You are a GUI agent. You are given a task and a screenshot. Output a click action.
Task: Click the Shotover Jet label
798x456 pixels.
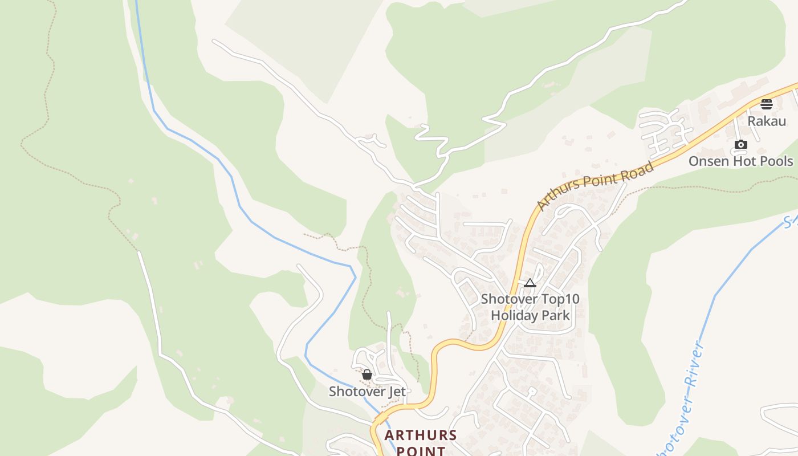[x=367, y=392]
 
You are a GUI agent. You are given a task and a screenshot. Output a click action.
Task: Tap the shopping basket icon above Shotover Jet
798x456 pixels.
[x=367, y=374]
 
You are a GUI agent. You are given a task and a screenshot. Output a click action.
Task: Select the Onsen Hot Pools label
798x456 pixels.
[x=740, y=161]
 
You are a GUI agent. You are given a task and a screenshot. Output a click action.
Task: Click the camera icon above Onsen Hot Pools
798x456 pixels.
[x=740, y=144]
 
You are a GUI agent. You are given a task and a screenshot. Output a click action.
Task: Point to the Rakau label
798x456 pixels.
[x=766, y=121]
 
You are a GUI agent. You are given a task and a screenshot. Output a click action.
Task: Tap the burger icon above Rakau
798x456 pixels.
[x=766, y=104]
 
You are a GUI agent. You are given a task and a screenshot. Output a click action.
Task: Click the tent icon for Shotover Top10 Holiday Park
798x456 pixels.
[x=530, y=283]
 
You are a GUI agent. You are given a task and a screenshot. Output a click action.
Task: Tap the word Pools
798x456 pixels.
[x=776, y=161]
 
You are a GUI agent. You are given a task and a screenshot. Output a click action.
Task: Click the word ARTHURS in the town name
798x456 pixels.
[x=421, y=435]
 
